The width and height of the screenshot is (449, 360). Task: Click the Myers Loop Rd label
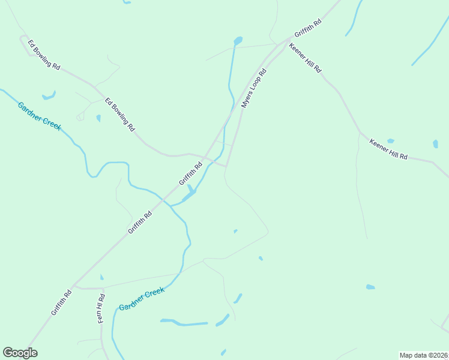[x=253, y=88]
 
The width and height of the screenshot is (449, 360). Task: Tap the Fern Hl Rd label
[x=101, y=308]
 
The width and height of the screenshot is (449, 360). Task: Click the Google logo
[x=20, y=353]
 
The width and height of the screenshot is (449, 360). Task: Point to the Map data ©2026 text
[x=423, y=355]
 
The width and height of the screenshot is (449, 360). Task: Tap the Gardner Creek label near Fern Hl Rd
[x=142, y=299]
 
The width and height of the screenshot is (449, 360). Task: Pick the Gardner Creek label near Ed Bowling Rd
[x=40, y=116]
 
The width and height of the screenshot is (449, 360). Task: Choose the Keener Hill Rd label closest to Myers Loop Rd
[x=305, y=58]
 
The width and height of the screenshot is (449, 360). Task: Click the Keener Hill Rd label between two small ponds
[x=388, y=149]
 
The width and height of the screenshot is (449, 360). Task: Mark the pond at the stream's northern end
[x=238, y=41]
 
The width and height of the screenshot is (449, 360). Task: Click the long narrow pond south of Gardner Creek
[x=183, y=323]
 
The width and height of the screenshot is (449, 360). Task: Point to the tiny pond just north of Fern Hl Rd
[x=101, y=277]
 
